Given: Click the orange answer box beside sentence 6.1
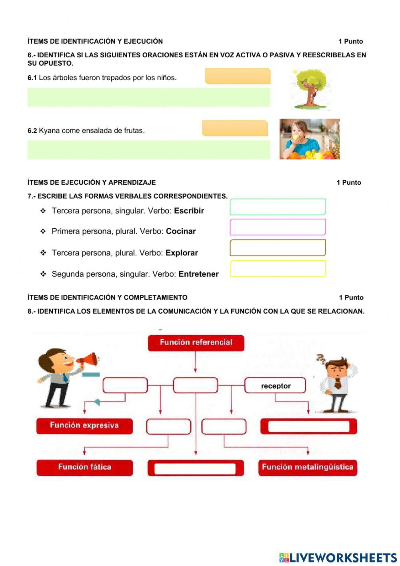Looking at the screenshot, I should [x=238, y=76].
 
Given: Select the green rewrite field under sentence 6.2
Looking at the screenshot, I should [x=148, y=150].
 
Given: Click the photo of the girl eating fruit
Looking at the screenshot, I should [x=309, y=139].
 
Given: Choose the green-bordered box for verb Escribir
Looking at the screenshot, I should [x=278, y=207].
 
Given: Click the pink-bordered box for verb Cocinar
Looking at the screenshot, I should [x=278, y=227].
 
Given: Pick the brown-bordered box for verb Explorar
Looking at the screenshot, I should [x=278, y=248].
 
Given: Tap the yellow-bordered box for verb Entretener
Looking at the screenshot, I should [x=278, y=269].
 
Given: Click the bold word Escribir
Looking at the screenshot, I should [x=189, y=211].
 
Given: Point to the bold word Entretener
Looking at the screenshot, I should [x=198, y=274].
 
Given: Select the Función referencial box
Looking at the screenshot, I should [x=196, y=343].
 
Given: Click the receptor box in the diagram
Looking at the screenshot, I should [x=275, y=386].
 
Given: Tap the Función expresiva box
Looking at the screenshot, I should [x=84, y=426].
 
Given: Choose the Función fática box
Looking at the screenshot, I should [x=84, y=467].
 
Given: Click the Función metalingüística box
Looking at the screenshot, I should [x=307, y=467].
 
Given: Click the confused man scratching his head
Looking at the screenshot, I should [x=337, y=383].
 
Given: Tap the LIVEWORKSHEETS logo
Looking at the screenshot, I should [x=338, y=558].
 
